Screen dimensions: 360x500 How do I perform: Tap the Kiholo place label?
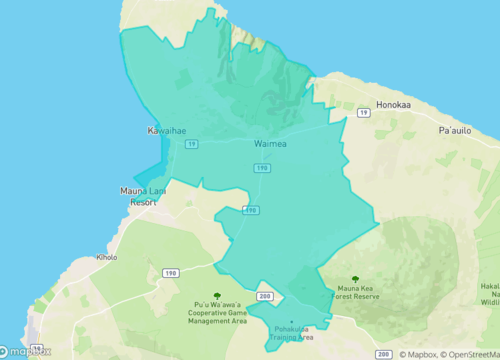coord(107,257)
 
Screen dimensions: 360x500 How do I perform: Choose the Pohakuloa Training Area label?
coord(292,333)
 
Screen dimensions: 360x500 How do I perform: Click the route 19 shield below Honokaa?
coord(362,115)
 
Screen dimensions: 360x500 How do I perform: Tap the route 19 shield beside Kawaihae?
coord(190,144)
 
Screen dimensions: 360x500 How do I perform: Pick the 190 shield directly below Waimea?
coord(261,168)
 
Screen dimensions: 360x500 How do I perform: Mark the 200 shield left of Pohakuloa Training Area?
coord(265,297)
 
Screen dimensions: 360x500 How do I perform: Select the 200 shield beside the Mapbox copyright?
coord(384,354)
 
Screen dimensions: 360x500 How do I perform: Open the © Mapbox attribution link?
coord(421,354)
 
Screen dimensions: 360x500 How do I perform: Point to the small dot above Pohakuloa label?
coord(292,322)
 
